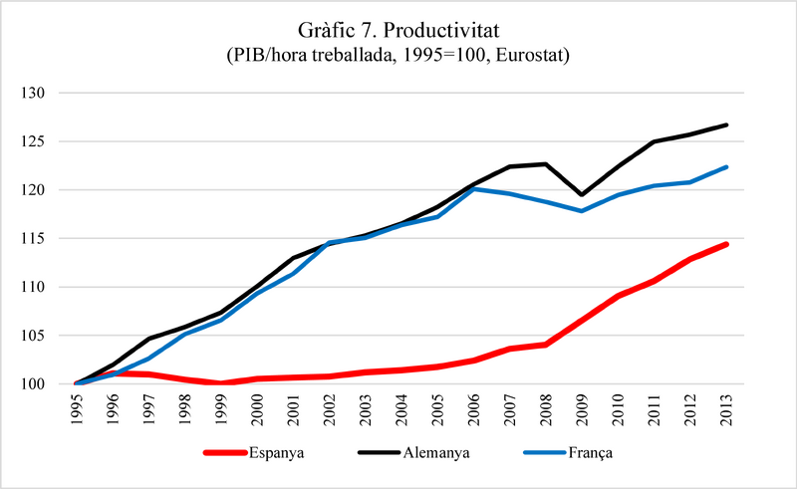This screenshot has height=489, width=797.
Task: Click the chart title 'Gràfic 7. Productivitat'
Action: click(x=398, y=30)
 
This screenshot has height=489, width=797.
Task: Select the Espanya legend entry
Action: click(x=254, y=452)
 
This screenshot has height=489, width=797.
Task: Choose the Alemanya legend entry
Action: click(x=414, y=452)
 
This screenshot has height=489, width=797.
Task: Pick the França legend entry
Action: click(x=568, y=452)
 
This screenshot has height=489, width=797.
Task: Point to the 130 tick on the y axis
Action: click(x=33, y=93)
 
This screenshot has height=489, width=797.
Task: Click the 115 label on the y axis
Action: click(x=33, y=238)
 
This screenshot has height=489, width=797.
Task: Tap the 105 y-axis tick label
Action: click(x=33, y=335)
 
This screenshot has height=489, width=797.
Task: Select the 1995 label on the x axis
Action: click(x=78, y=409)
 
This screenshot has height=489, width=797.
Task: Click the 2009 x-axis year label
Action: click(x=583, y=409)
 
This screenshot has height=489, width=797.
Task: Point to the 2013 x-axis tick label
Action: click(x=727, y=409)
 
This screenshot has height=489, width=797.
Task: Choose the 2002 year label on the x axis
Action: click(x=330, y=409)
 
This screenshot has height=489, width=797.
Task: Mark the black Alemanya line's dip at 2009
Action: click(x=582, y=194)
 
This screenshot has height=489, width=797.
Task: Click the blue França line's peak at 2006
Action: click(x=474, y=188)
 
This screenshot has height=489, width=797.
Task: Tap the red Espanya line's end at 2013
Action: click(x=726, y=244)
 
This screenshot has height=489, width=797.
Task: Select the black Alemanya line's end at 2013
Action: click(x=726, y=124)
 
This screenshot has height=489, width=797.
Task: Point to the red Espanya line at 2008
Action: click(x=546, y=345)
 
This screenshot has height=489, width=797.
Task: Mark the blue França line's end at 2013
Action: click(x=726, y=166)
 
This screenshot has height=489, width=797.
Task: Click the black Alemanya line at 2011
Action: click(x=654, y=141)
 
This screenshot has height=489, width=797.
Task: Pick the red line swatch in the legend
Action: click(x=225, y=452)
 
